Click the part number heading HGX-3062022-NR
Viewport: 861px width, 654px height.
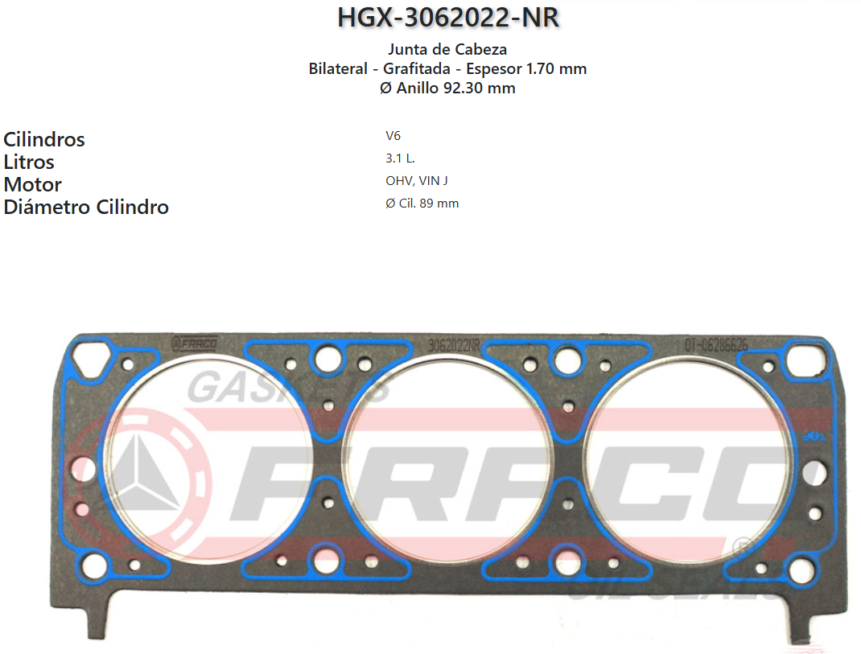(447, 18)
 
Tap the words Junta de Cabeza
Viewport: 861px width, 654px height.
(447, 50)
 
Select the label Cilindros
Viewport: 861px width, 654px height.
(44, 139)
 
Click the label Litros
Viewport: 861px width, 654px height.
(29, 162)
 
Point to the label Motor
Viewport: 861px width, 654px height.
(33, 184)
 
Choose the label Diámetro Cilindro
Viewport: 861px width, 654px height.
(86, 207)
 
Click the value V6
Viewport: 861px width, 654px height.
(393, 136)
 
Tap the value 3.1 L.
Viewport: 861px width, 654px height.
(400, 158)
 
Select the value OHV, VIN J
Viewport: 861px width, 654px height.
(417, 181)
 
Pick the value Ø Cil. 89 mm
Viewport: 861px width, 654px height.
(422, 204)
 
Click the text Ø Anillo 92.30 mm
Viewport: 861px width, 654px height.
(447, 88)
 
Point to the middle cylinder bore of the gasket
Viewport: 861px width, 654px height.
(447, 459)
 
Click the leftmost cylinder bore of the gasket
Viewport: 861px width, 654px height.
(208, 459)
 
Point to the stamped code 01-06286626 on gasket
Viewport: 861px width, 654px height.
(715, 344)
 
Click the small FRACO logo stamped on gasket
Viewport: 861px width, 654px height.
(195, 343)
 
